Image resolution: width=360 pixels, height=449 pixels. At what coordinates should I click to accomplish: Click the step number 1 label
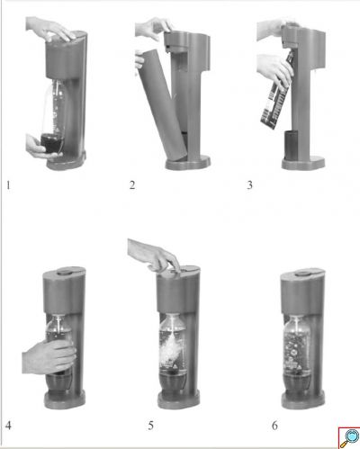[x=8, y=185]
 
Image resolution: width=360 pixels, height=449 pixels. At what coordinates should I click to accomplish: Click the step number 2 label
[x=132, y=185]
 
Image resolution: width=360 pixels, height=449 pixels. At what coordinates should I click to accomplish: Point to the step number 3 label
[x=249, y=185]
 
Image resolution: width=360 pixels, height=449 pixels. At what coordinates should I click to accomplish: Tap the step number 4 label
[x=8, y=426]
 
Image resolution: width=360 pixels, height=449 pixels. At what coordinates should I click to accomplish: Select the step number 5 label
[x=150, y=426]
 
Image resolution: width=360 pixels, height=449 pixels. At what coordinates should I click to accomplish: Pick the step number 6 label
[x=274, y=426]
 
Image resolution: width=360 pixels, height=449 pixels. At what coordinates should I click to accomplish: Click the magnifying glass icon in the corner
[x=350, y=437]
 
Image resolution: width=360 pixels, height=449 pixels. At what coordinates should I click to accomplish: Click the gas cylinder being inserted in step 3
[x=277, y=90]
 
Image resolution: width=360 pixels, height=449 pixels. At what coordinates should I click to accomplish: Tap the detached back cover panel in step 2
[x=162, y=104]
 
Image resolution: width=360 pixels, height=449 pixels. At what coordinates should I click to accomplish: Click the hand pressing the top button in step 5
[x=153, y=255]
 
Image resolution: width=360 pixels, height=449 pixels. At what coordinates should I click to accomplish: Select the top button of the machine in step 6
[x=303, y=274]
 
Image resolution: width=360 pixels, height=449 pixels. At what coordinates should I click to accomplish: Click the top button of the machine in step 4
[x=64, y=272]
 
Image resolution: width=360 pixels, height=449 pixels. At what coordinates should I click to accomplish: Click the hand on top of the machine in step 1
[x=49, y=29]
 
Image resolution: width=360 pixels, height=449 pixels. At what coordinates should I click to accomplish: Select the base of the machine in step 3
[x=303, y=163]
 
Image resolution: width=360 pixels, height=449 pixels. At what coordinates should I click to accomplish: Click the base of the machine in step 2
[x=188, y=163]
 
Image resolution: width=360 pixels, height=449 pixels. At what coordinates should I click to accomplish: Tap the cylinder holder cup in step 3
[x=291, y=145]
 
